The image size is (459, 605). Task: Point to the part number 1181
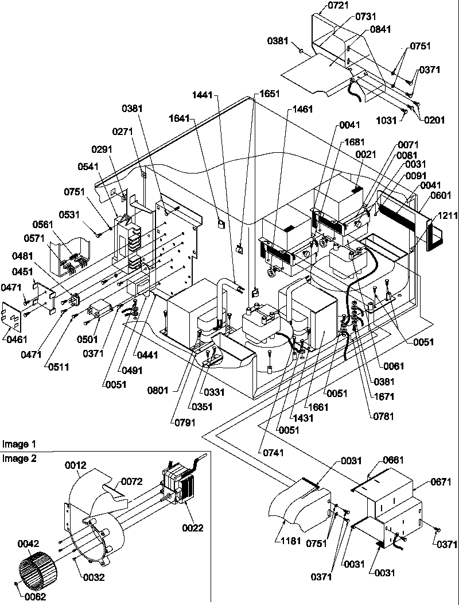[291, 541]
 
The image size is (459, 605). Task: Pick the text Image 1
[19, 444]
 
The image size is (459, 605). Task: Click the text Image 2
[19, 458]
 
